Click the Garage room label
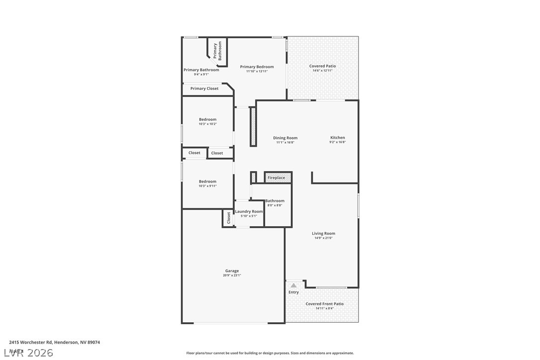click(232, 271)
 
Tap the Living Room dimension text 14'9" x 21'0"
click(323, 238)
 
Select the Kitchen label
click(338, 138)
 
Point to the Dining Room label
click(285, 138)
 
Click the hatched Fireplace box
click(277, 178)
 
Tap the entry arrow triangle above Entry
click(293, 285)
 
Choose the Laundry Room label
click(249, 211)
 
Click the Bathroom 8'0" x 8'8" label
click(274, 201)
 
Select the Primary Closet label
click(204, 89)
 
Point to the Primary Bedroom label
click(257, 67)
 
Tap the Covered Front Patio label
click(324, 304)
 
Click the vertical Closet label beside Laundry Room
click(229, 217)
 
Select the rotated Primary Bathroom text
click(218, 51)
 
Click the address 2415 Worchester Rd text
click(54, 342)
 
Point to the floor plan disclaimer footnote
click(270, 353)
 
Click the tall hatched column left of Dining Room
click(253, 127)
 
